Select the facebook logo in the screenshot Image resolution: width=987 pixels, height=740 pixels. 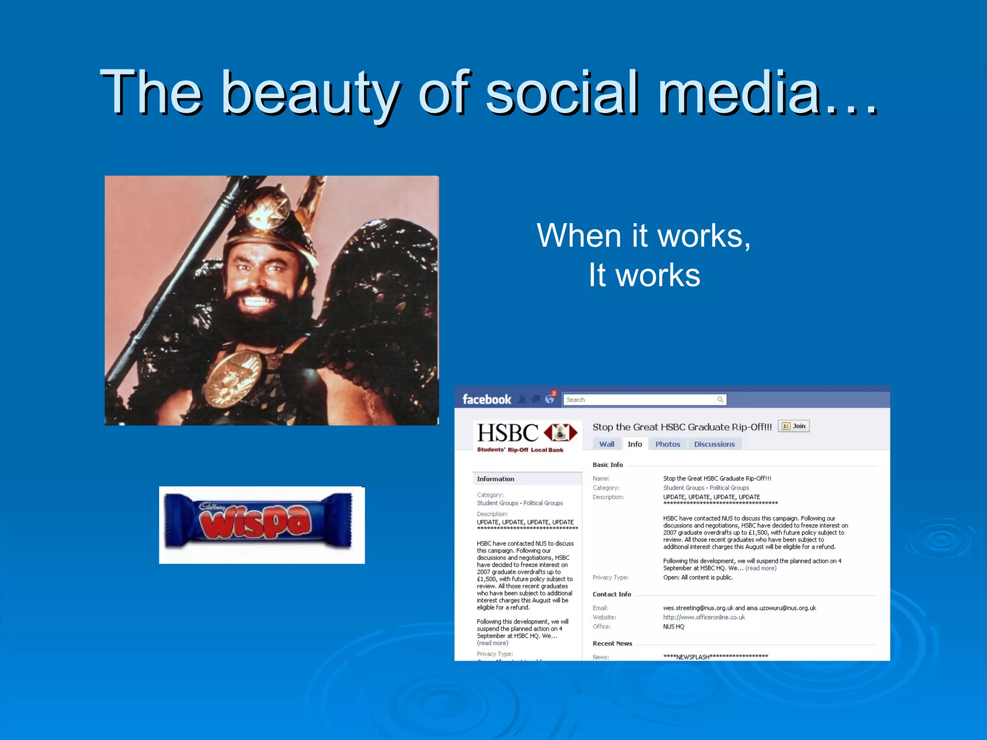486,399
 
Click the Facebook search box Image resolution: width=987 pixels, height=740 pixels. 639,399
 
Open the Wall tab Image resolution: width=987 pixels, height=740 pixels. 606,444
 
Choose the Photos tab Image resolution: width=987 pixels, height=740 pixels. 667,444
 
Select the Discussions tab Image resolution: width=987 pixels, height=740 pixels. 714,444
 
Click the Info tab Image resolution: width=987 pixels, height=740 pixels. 635,444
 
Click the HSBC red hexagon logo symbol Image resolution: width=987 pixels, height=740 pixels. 560,433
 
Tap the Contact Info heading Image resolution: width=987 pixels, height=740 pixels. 612,594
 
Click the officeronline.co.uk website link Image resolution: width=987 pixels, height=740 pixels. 704,617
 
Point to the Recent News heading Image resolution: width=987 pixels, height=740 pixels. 612,643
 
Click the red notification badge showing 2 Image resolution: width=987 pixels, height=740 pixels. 554,394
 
